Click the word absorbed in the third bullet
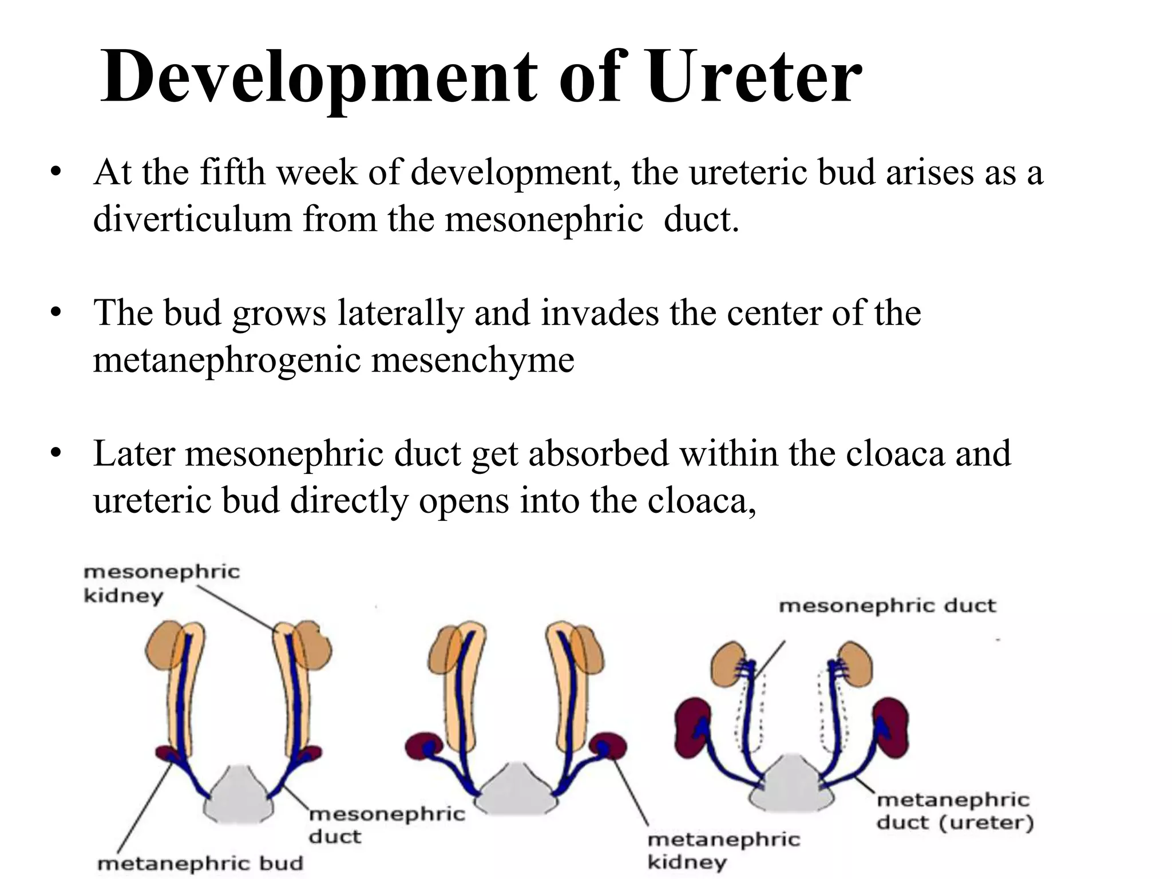pos(599,454)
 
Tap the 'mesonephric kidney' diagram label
pos(161,583)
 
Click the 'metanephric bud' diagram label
pos(200,863)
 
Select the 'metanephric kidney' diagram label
pos(723,850)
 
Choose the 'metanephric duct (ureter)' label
pos(955,811)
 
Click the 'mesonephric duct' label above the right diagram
pos(887,605)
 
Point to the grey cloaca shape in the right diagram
pos(792,787)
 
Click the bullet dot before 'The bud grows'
pos(55,313)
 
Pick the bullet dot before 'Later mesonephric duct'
pos(55,454)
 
